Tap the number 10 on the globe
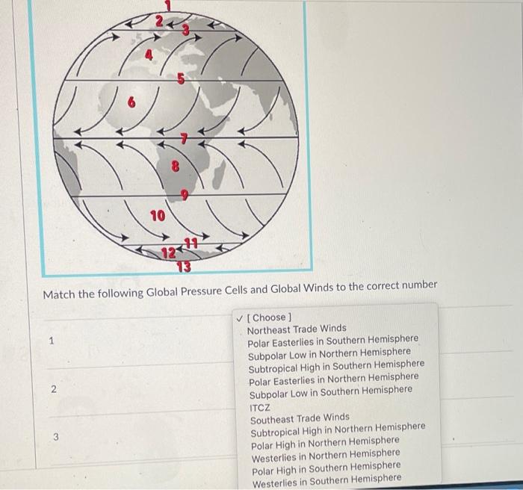click(157, 217)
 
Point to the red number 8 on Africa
click(176, 167)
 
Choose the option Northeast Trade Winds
click(297, 328)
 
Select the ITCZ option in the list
click(260, 404)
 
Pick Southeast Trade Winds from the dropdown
click(300, 417)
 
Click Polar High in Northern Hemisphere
click(325, 441)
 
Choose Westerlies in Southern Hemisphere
click(326, 478)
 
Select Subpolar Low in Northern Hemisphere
click(329, 352)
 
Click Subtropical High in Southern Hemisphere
click(335, 365)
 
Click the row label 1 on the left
click(51, 341)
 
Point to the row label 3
click(55, 438)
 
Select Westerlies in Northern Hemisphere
click(325, 453)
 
